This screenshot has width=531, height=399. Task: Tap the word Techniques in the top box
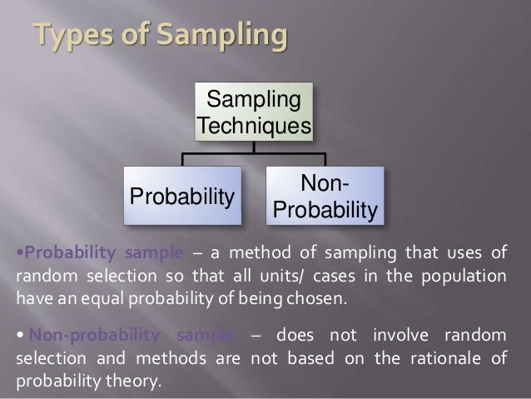pos(254,127)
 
